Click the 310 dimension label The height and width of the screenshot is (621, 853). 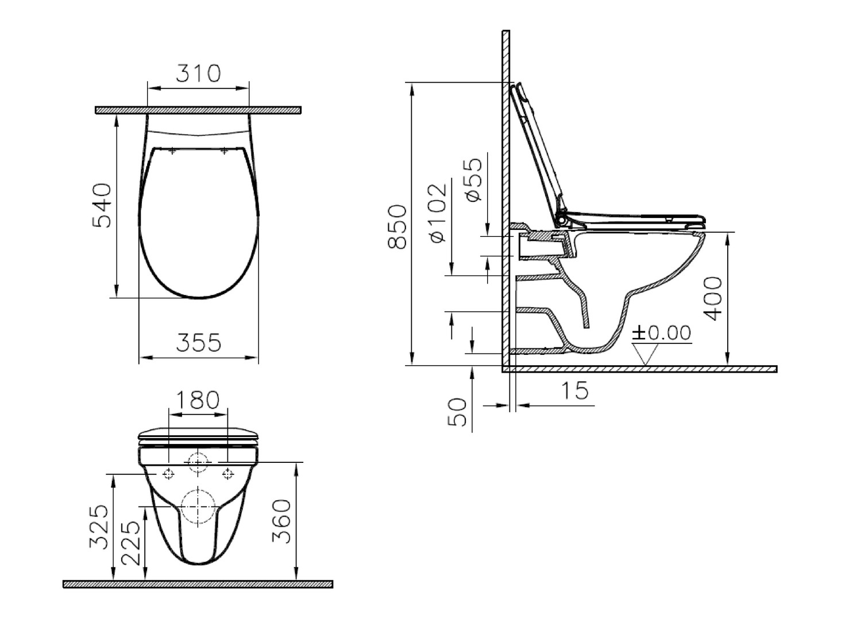198,74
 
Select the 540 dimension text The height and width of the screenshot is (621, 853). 102,206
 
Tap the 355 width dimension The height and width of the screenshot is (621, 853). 198,342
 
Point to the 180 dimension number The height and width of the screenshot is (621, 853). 198,400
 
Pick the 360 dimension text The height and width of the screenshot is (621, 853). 281,521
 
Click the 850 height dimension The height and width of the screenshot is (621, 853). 397,227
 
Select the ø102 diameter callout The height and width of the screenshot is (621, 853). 437,213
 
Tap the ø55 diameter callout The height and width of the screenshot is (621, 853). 473,180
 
